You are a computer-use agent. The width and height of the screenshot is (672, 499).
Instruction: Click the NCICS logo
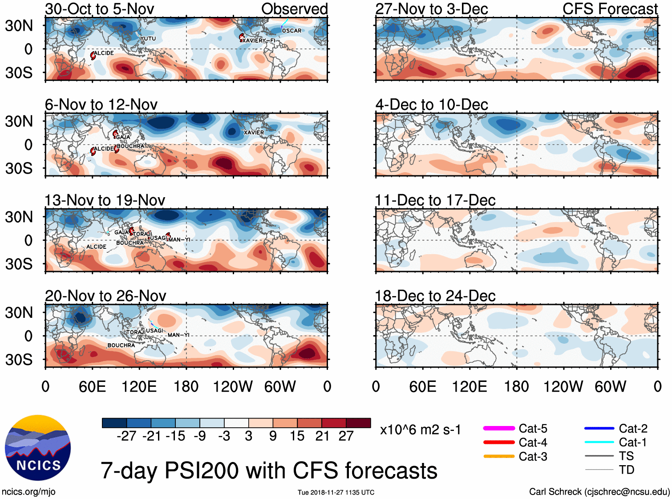[38, 447]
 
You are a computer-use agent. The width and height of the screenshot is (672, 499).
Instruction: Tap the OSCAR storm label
[291, 31]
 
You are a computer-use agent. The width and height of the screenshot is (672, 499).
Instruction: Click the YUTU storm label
[148, 39]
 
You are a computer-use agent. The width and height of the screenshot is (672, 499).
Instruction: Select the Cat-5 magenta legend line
[499, 428]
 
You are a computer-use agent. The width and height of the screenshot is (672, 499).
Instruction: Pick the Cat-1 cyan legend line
[599, 442]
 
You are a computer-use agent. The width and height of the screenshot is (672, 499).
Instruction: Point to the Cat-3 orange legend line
[499, 456]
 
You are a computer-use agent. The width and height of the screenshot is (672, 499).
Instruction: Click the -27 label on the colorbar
[126, 436]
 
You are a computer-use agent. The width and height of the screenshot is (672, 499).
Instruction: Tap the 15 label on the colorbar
[297, 436]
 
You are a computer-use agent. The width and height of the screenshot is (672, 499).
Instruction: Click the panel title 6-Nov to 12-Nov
[101, 105]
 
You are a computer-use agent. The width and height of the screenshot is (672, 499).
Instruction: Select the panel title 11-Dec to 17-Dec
[435, 200]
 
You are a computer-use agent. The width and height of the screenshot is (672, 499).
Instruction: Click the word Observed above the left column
[294, 9]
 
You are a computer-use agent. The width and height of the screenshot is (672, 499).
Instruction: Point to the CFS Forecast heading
[610, 9]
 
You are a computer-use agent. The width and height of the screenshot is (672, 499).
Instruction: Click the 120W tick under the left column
[233, 386]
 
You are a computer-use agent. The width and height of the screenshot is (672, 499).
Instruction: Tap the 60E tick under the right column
[422, 386]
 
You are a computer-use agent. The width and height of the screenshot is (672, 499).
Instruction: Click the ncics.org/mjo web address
[28, 491]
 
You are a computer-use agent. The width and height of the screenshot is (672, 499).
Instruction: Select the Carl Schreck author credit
[599, 491]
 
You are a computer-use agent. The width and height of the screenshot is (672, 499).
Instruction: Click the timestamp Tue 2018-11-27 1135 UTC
[336, 492]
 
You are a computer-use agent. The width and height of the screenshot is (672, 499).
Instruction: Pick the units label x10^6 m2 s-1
[420, 430]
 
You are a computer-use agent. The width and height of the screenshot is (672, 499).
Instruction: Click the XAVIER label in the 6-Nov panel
[254, 133]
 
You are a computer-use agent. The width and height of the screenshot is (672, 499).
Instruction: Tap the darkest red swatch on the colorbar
[358, 423]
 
